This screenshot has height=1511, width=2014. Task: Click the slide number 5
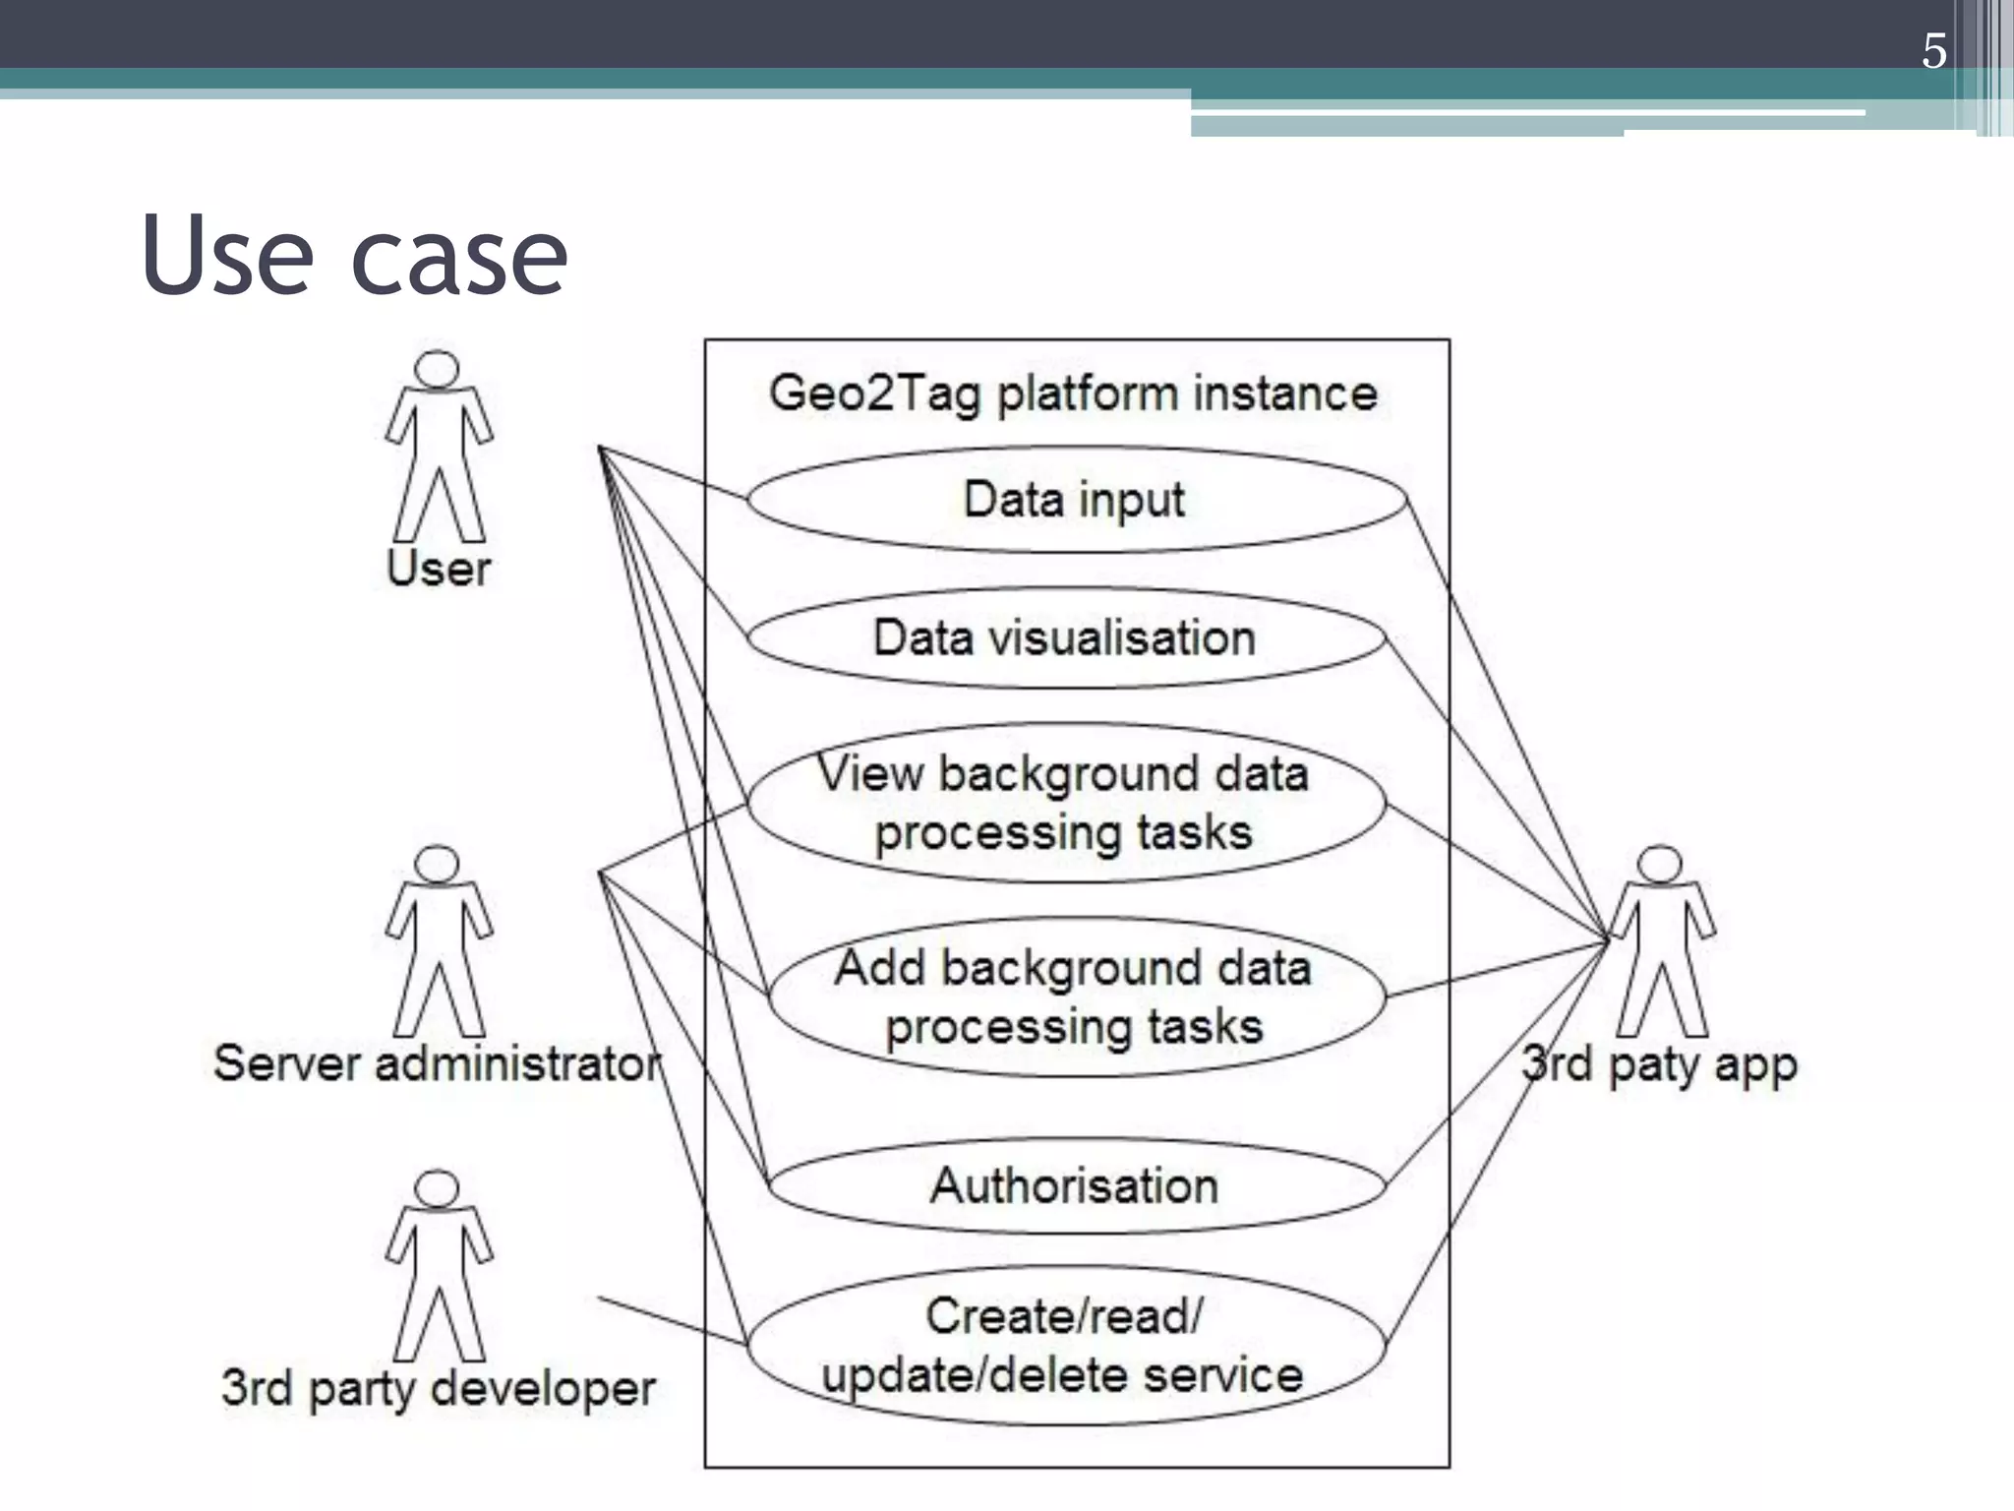1933,51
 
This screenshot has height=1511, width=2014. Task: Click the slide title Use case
354,256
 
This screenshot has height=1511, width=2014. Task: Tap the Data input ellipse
1075,500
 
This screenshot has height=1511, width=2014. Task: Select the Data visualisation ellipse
1065,637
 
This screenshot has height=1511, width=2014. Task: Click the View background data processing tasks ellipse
1065,803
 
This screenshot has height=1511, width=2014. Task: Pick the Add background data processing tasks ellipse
1075,997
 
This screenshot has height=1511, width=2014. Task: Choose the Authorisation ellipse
1075,1185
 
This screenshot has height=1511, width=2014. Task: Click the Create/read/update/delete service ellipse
1065,1345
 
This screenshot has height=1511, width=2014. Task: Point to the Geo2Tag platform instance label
1074,393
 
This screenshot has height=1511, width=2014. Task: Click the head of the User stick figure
437,369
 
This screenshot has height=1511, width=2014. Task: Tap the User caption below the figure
439,569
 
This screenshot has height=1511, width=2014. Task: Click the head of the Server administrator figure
437,864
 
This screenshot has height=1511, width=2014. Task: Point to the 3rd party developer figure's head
437,1188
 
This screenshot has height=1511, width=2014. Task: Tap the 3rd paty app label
1660,1064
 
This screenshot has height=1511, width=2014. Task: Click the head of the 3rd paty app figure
1661,864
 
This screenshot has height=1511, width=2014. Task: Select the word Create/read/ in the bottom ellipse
1064,1316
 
